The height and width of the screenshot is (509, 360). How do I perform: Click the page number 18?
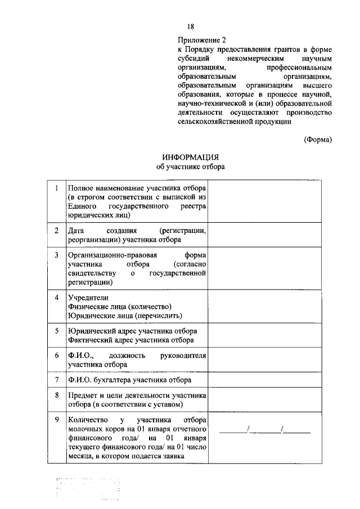pyautogui.click(x=191, y=26)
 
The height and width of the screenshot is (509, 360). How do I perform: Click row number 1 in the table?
pyautogui.click(x=56, y=188)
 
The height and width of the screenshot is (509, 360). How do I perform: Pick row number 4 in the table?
pyautogui.click(x=56, y=297)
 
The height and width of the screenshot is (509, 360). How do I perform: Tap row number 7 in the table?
pyautogui.click(x=56, y=380)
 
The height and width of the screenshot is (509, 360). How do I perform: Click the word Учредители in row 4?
pyautogui.click(x=87, y=297)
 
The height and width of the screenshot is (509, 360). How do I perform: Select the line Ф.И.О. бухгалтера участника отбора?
pyautogui.click(x=127, y=380)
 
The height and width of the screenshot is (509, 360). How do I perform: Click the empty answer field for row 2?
pyautogui.click(x=267, y=235)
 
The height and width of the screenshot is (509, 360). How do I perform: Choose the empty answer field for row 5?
pyautogui.click(x=267, y=335)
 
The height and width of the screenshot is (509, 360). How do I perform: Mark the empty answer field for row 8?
pyautogui.click(x=267, y=400)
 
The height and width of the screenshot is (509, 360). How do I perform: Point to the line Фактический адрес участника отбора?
pyautogui.click(x=130, y=340)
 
